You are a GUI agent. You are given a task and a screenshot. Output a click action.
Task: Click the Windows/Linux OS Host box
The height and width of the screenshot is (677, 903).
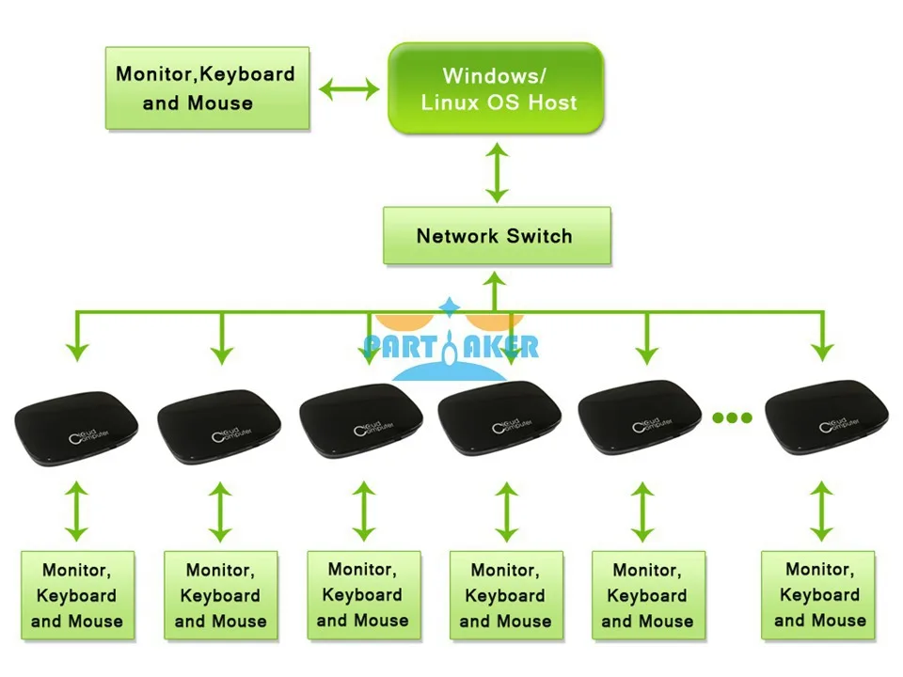click(496, 88)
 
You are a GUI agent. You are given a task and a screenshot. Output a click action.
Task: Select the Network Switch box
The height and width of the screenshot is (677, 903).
click(497, 235)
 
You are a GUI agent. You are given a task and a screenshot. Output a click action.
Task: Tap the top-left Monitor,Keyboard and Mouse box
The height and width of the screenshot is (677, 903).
click(207, 88)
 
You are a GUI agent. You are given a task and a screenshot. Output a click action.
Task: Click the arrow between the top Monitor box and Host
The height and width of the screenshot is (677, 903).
click(349, 89)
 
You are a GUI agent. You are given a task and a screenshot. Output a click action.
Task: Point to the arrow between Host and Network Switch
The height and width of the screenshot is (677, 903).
click(497, 172)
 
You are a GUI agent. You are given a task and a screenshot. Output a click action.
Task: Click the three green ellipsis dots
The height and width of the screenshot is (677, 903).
click(732, 417)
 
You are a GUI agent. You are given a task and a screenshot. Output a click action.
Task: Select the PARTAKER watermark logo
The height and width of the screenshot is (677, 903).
click(451, 340)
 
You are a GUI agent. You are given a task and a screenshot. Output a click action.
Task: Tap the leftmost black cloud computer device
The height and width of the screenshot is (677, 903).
click(76, 428)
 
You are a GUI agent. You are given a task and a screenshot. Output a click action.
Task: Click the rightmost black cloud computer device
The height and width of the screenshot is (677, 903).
click(827, 417)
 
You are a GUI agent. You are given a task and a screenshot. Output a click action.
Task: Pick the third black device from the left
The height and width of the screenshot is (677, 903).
click(361, 421)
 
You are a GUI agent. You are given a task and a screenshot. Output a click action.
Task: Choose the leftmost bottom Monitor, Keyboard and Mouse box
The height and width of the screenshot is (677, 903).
click(78, 595)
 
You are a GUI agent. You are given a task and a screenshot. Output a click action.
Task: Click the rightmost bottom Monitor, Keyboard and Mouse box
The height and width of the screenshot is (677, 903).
click(817, 594)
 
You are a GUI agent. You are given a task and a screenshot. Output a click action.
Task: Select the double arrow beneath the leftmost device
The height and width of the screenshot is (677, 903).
click(76, 512)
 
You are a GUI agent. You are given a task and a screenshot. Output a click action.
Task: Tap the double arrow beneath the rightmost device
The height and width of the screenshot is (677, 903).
click(821, 512)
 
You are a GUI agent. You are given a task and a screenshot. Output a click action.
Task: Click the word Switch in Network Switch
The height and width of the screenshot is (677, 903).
click(539, 236)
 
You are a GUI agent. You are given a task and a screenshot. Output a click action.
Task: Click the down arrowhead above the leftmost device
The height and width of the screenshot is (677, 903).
click(76, 352)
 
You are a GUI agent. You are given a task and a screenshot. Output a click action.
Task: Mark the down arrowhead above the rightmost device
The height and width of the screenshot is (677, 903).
click(822, 352)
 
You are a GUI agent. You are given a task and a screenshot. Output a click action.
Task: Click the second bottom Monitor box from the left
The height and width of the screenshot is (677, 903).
click(220, 595)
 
